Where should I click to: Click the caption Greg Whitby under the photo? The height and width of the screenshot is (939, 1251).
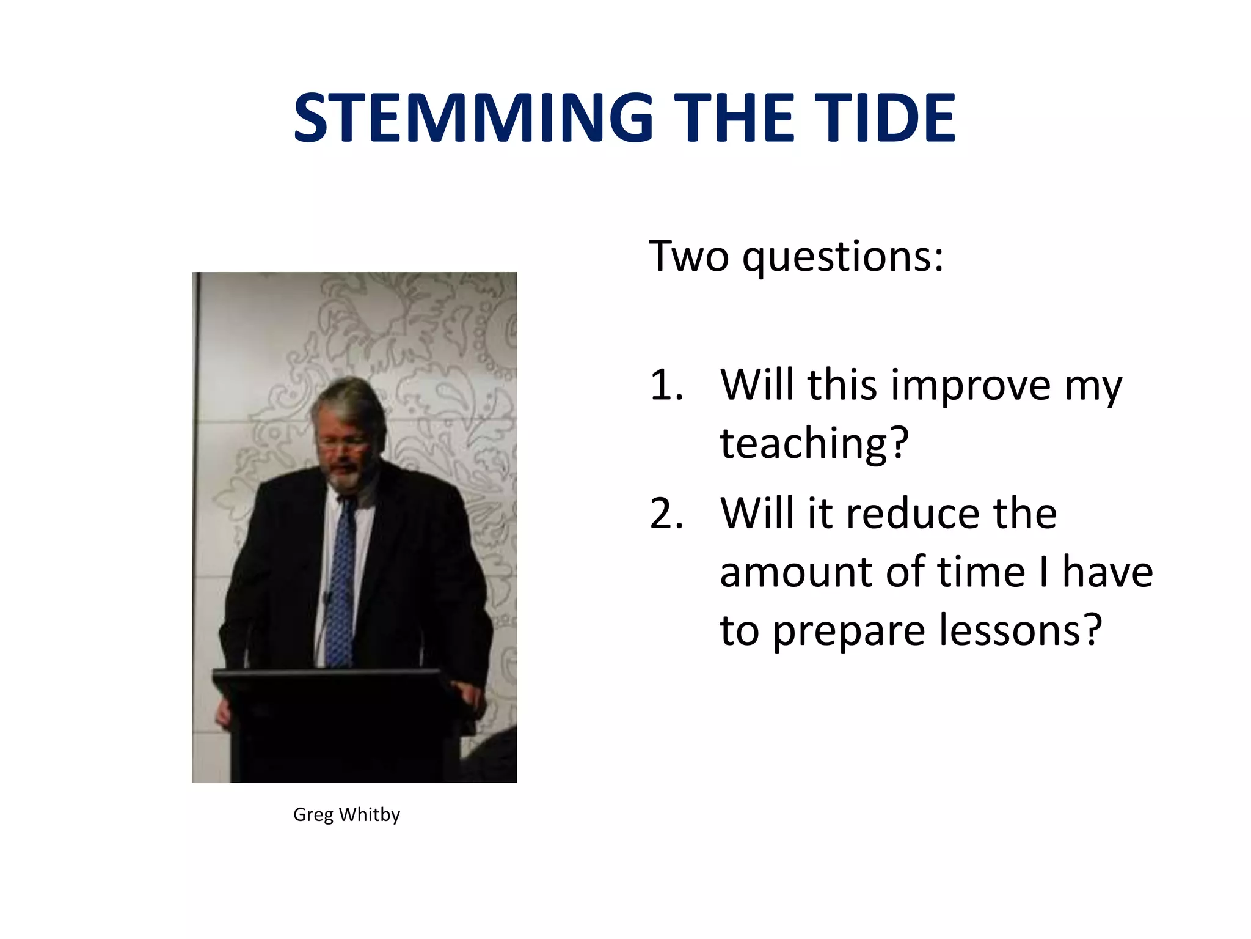(x=346, y=814)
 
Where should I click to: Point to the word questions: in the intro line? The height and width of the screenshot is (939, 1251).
(x=843, y=257)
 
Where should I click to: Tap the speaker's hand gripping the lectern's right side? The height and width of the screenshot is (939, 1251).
(x=471, y=697)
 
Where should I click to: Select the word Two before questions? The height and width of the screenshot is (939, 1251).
(x=688, y=257)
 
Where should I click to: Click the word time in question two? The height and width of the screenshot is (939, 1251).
(x=981, y=572)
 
